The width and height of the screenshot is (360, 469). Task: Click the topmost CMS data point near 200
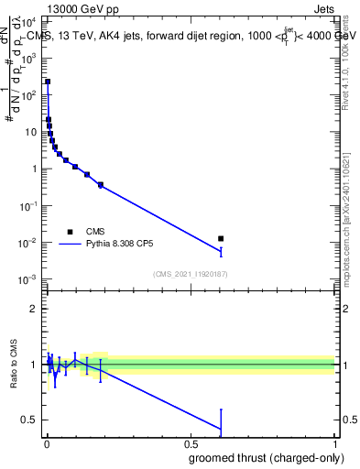click(48, 82)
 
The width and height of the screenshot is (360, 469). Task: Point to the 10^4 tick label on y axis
click(28, 21)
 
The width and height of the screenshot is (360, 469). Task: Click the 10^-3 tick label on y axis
click(27, 279)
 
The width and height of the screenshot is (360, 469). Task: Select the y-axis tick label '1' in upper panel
click(34, 169)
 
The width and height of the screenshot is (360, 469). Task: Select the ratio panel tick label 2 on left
click(34, 309)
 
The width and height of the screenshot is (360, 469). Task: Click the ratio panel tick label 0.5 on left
click(28, 420)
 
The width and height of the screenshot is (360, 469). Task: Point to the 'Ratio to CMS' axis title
click(13, 363)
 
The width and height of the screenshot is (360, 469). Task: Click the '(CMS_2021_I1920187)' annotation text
click(190, 274)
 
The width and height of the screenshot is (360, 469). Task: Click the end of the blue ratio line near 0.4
click(220, 429)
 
